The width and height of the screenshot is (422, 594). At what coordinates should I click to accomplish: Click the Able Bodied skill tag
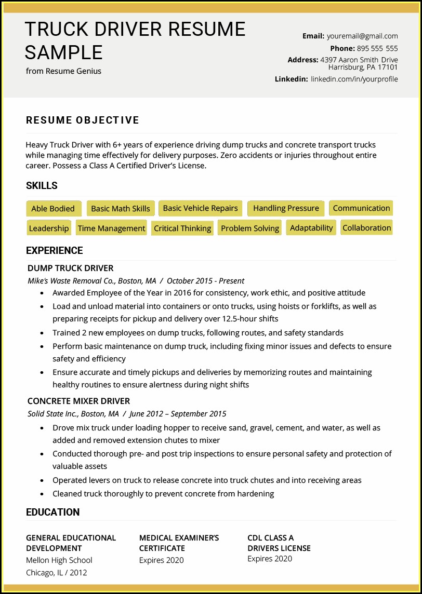53,209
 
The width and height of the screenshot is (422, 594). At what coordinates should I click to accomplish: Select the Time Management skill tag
111,228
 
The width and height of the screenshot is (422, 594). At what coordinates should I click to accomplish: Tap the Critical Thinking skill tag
182,228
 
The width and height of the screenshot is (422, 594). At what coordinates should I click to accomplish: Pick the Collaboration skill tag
366,228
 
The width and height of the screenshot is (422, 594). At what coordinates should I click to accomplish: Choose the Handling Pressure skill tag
286,208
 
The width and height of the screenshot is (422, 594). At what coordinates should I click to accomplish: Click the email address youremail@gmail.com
362,36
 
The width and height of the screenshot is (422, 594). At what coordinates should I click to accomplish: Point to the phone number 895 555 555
377,48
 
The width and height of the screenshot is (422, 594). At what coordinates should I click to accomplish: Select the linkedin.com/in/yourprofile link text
354,79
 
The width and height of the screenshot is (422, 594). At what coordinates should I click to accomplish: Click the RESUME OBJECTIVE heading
83,120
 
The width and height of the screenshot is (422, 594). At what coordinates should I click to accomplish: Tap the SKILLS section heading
42,185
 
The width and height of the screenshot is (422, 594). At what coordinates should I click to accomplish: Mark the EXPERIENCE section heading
55,250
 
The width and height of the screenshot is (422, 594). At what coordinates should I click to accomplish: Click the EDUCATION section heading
53,512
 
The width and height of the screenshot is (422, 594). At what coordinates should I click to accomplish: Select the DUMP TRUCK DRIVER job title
70,268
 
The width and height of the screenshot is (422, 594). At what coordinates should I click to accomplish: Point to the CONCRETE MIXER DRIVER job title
78,401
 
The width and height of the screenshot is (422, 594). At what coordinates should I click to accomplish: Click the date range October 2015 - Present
205,281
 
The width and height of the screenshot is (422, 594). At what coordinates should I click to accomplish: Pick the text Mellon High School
59,560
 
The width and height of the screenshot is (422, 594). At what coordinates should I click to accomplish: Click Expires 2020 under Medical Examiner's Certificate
161,560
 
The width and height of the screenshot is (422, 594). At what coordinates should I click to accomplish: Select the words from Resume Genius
63,71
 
